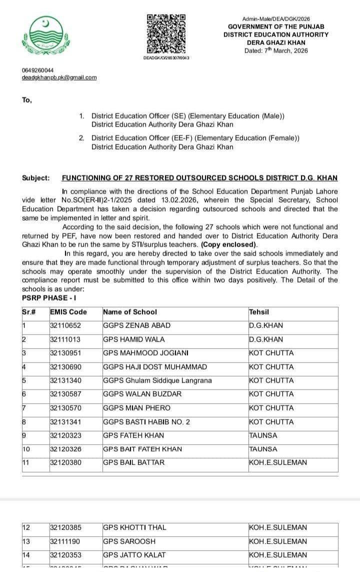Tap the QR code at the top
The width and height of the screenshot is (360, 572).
(166, 34)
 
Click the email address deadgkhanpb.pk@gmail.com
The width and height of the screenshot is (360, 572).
(59, 77)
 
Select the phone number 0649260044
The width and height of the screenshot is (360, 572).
(37, 70)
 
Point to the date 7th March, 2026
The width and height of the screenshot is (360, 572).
(276, 50)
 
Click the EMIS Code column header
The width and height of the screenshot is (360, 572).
(68, 312)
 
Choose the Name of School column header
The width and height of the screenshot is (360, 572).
(130, 312)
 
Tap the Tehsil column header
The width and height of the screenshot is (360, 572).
(259, 312)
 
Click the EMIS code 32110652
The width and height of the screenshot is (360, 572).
(65, 325)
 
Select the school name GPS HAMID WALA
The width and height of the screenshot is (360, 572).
(127, 339)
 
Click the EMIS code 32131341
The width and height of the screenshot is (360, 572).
(65, 422)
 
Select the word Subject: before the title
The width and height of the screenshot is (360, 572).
(36, 178)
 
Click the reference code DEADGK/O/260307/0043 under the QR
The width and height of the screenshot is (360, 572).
(166, 58)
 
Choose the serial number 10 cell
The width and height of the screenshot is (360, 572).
(27, 449)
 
